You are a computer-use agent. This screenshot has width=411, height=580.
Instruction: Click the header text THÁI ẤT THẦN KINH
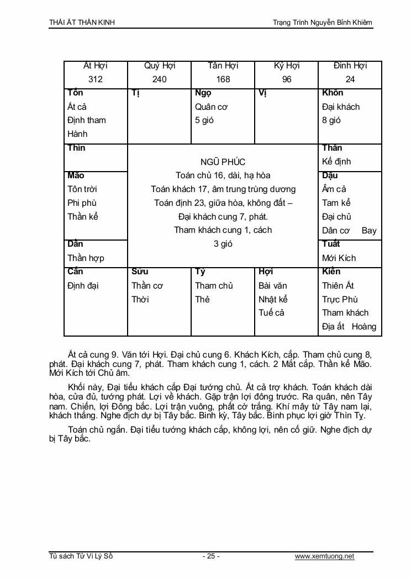(82, 23)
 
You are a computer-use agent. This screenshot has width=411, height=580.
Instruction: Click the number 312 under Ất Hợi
(96, 79)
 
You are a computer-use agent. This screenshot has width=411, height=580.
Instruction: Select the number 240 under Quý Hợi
(159, 79)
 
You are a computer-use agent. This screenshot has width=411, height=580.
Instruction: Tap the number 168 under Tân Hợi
(223, 79)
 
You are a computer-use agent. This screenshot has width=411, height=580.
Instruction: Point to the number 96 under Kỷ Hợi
(287, 79)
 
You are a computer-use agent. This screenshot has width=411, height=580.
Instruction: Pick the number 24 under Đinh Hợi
(350, 79)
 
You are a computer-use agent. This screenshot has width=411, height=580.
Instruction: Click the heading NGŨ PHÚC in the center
(223, 162)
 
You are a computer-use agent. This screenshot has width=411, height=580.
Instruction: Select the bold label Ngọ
(203, 93)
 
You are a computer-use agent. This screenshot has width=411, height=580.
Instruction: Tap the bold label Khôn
(333, 93)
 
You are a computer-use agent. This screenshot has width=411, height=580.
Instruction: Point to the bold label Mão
(76, 175)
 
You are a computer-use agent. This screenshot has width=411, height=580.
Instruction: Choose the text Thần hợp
(86, 258)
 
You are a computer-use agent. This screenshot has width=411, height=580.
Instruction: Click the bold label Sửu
(140, 272)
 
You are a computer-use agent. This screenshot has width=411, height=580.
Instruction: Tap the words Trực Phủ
(340, 299)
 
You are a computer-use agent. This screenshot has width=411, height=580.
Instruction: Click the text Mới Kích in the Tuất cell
(339, 258)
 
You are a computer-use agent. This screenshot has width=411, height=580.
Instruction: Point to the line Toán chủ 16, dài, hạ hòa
(223, 175)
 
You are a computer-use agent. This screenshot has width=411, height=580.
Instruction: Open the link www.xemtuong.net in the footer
(324, 556)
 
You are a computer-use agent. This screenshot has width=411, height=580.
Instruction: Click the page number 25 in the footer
(211, 556)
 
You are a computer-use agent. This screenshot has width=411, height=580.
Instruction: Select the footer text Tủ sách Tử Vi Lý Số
(81, 556)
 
